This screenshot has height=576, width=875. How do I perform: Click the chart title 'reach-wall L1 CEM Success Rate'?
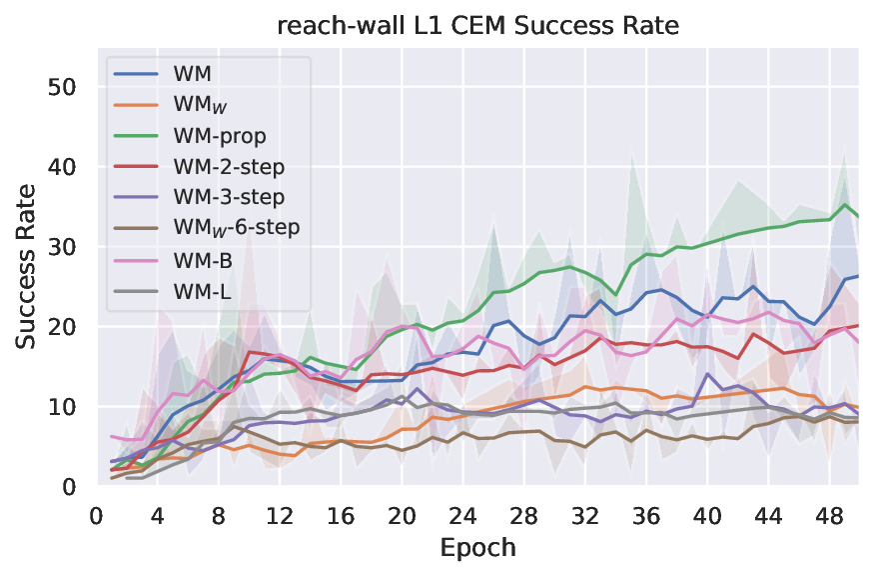point(477,26)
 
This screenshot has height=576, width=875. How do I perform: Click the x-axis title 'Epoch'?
point(477,548)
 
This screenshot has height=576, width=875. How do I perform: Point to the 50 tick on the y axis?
point(63,86)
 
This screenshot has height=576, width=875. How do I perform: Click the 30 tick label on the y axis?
point(63,246)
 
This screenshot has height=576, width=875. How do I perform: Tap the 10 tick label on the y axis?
point(63,406)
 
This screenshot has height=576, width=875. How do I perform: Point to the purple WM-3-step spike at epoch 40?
point(707,374)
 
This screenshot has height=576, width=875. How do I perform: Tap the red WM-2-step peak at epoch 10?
point(250,352)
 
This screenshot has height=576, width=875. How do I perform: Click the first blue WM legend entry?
point(198,73)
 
